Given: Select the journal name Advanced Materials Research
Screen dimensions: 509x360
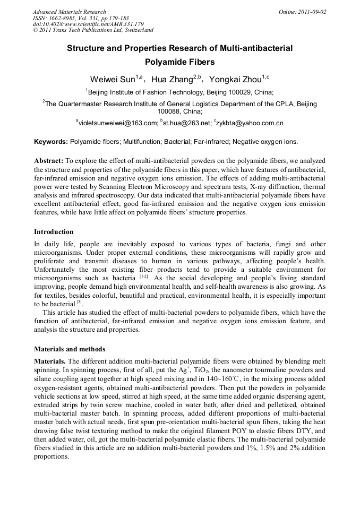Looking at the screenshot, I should [70, 12].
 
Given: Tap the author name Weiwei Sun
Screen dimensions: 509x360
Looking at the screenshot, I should [112, 80].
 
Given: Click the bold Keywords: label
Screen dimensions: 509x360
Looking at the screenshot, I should [51, 142].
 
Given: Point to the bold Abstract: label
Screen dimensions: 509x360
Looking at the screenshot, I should [48, 160].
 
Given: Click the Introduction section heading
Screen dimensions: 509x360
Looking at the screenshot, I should [54, 232].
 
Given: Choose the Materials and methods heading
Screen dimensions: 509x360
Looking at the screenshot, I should [70, 349].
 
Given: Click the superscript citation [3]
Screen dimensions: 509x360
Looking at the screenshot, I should [79, 302].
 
